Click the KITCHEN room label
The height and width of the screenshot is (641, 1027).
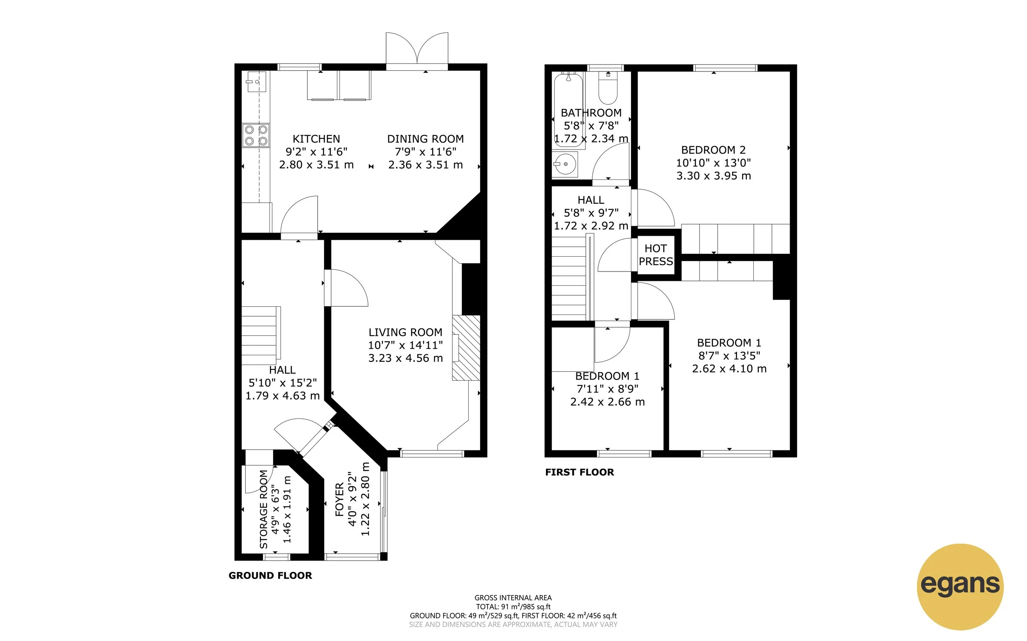316,139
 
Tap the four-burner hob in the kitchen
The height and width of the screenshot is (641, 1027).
256,135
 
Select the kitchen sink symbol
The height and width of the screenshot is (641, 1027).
256,82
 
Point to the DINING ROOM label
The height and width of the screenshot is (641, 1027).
425,139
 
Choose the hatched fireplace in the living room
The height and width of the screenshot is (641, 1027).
466,348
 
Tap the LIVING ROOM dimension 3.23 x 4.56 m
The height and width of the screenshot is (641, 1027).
405,358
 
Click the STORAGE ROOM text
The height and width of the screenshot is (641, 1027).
263,509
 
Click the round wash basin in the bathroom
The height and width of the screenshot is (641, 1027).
565,164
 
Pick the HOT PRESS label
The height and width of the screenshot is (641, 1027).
656,255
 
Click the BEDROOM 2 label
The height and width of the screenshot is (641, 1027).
713,149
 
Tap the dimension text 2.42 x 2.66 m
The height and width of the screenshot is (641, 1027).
607,402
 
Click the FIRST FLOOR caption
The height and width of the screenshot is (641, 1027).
579,472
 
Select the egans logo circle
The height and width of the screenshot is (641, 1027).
960,586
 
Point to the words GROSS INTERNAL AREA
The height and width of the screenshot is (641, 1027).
513,598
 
